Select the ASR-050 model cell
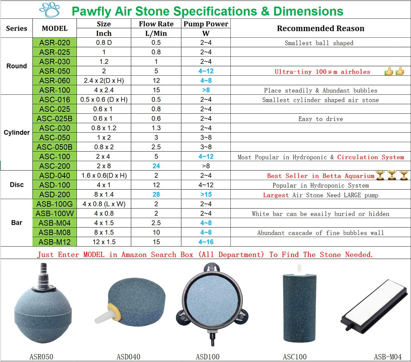[x=55, y=71]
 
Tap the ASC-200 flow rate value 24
[x=156, y=166]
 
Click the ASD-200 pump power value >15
[x=206, y=195]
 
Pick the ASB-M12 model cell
[x=55, y=242]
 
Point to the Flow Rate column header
[x=156, y=24]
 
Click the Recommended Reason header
[x=320, y=28]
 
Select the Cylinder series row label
[x=17, y=132]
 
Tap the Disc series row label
[x=17, y=185]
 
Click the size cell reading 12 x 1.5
[x=104, y=242]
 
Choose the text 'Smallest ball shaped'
[x=319, y=43]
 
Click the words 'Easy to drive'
[x=320, y=119]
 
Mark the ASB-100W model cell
[x=55, y=214]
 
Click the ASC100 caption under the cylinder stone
[x=294, y=357]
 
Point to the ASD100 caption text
[x=207, y=357]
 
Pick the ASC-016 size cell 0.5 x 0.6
[x=104, y=100]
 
